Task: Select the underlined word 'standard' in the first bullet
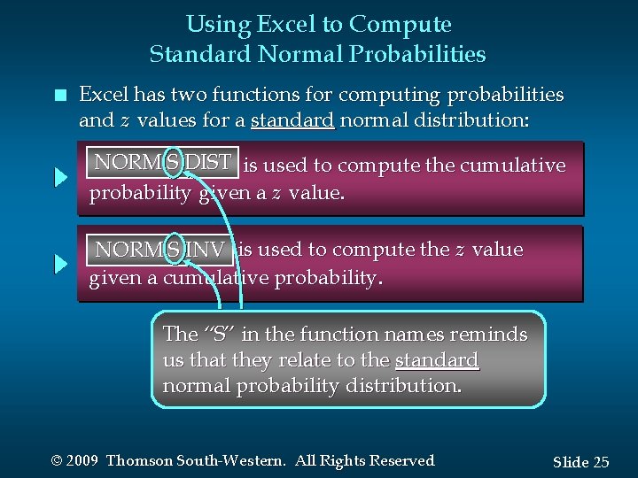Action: tap(292, 119)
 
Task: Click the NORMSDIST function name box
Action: tap(162, 163)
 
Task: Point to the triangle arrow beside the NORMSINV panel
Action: tap(60, 264)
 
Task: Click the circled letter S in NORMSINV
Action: tap(174, 250)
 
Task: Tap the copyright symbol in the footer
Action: tap(58, 461)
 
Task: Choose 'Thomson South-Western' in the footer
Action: tap(196, 461)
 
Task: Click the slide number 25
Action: tap(600, 462)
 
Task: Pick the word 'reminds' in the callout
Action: tap(495, 335)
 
